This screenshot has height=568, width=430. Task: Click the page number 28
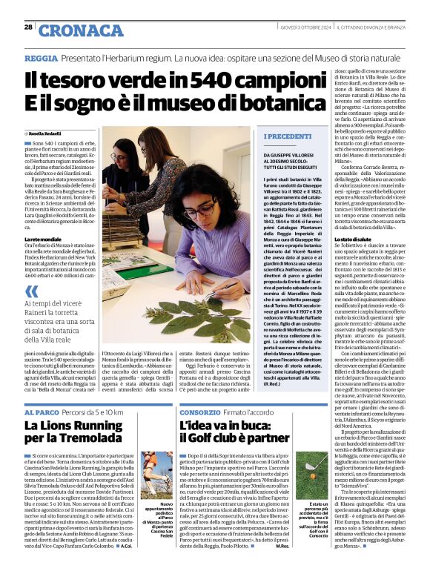click(28, 27)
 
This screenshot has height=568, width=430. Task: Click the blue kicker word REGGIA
click(40, 57)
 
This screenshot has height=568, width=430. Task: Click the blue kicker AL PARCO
click(38, 412)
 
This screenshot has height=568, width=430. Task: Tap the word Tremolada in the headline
click(101, 440)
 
